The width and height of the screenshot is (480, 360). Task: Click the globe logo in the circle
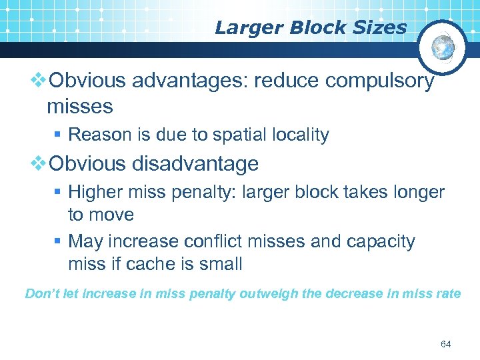point(443,47)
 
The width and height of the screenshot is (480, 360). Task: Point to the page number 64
point(446,344)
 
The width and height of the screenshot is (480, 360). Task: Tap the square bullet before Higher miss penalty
point(58,193)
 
